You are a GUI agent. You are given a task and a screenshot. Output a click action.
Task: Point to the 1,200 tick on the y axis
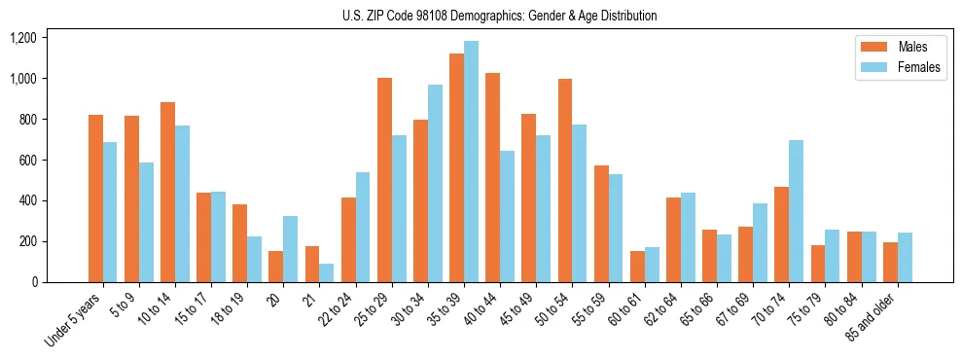23,38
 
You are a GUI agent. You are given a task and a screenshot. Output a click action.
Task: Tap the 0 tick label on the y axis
34,282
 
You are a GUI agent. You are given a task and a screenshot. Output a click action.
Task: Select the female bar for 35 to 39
471,162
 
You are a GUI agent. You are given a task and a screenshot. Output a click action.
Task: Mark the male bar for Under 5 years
95,198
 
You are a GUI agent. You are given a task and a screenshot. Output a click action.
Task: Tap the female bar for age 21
327,273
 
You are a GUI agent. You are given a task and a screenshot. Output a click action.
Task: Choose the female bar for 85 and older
905,258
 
